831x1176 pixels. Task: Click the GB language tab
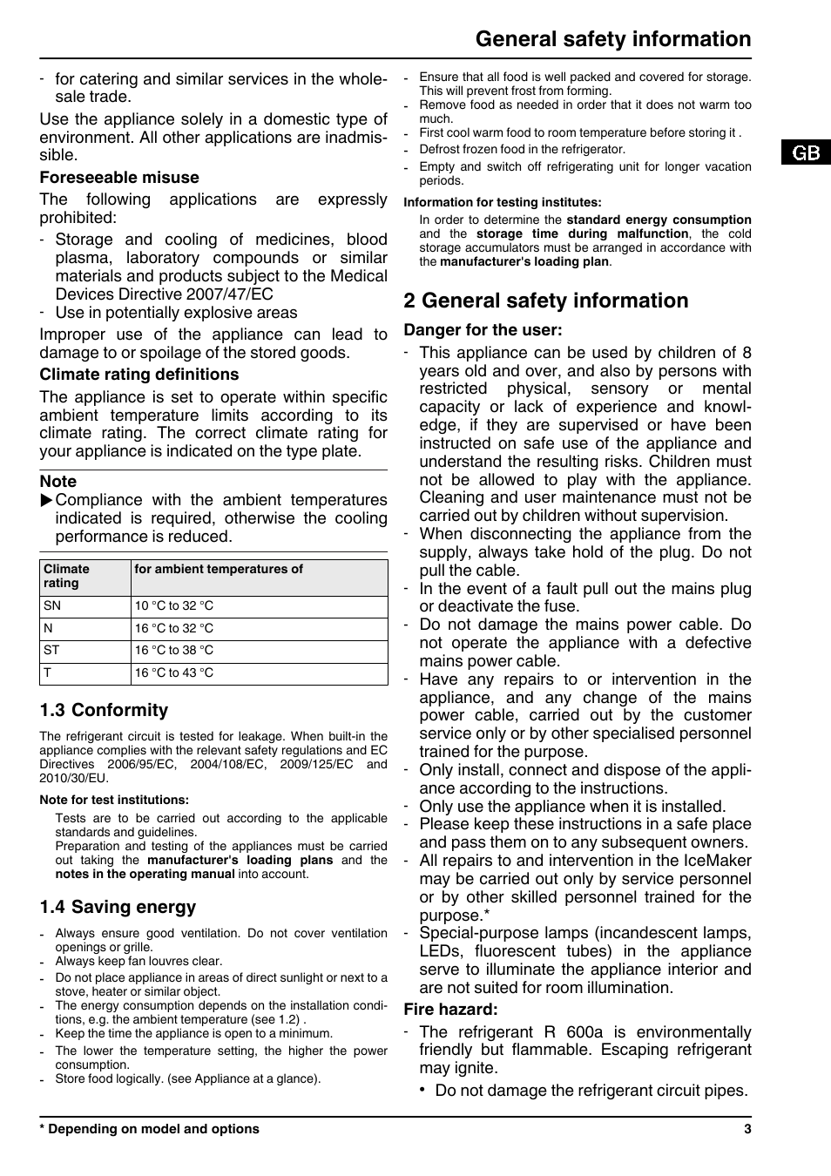[806, 153]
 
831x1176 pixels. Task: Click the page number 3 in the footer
[747, 1129]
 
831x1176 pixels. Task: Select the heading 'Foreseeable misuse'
[119, 178]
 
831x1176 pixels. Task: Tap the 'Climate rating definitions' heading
[138, 375]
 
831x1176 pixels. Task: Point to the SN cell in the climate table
[52, 606]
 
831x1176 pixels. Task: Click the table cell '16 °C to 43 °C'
[173, 673]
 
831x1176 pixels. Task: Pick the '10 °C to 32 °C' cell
[173, 606]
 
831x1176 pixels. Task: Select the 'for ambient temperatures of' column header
[219, 570]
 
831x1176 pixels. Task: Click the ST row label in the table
[51, 651]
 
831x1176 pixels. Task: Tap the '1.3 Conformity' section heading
[104, 711]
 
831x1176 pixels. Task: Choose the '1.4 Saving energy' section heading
[118, 908]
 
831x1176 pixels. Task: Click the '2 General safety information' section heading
[546, 301]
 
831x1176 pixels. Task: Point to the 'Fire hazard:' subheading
[450, 1010]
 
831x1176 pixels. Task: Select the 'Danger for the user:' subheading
[483, 330]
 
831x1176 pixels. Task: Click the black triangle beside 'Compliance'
[47, 500]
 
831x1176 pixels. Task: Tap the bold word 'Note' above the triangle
[58, 482]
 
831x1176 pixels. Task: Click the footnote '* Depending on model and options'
[149, 1129]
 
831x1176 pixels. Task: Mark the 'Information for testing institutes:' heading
[503, 202]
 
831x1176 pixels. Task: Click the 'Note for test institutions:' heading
[114, 800]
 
